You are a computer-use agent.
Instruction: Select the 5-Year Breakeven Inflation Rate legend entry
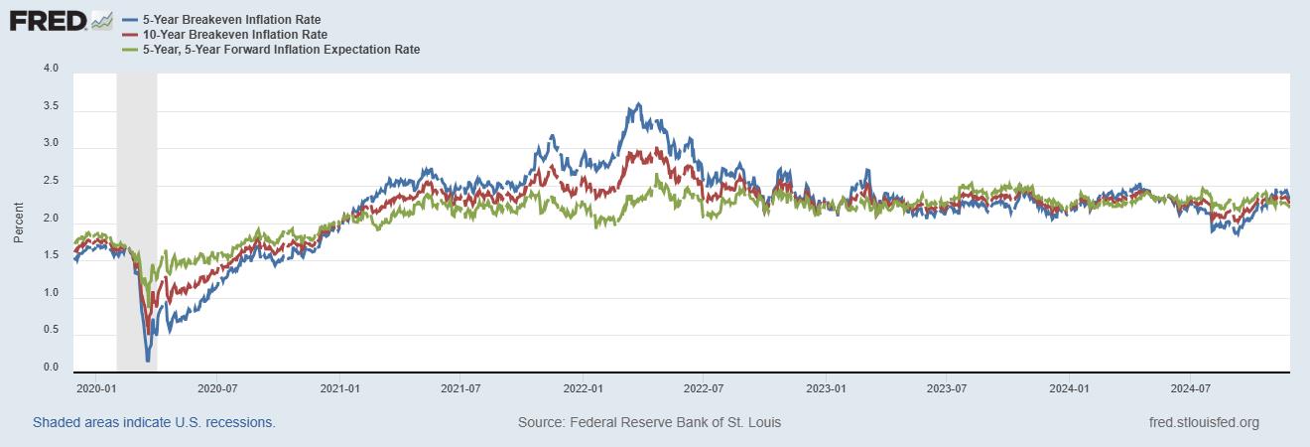[x=231, y=20]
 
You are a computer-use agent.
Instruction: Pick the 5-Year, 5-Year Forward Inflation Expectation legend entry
[x=281, y=50]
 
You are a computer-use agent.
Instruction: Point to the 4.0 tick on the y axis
[x=51, y=69]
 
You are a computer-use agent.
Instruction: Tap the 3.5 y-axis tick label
[x=51, y=106]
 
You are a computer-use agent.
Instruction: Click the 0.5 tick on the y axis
[x=51, y=331]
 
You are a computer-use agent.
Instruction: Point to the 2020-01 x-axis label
[x=97, y=388]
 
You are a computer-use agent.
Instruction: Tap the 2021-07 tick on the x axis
[x=461, y=388]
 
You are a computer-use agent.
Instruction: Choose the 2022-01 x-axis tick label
[x=585, y=388]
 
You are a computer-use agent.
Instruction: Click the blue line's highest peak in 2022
[x=638, y=103]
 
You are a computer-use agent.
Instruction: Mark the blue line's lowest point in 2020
[x=148, y=360]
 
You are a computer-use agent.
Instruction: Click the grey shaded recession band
[x=136, y=199]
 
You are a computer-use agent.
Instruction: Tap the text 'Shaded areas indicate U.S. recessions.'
[x=154, y=422]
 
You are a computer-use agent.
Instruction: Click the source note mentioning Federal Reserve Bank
[x=649, y=422]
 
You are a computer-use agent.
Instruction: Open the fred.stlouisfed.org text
[x=1203, y=422]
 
